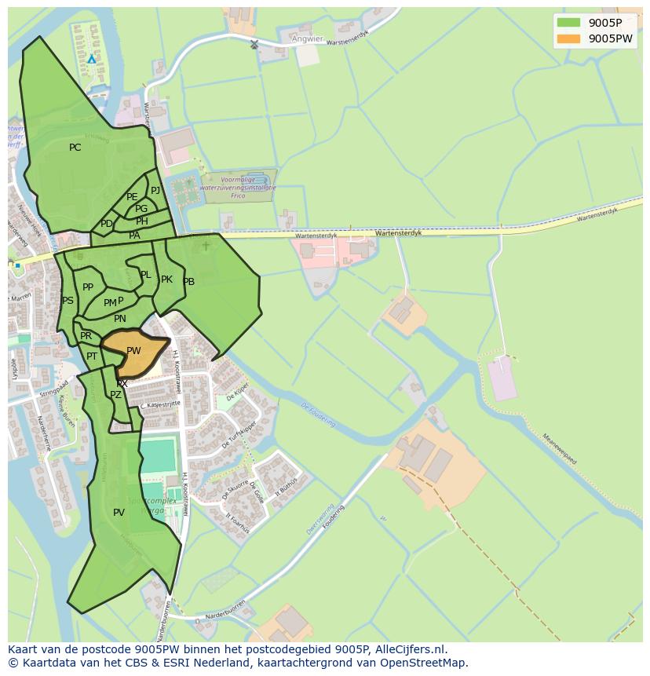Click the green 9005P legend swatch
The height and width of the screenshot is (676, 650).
click(x=568, y=22)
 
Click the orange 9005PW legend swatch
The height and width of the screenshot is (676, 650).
click(x=568, y=38)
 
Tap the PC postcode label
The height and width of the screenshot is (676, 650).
click(x=75, y=148)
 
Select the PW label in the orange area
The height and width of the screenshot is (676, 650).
click(x=133, y=351)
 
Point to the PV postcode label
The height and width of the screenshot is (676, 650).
click(x=119, y=513)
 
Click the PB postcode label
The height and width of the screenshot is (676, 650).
click(x=188, y=282)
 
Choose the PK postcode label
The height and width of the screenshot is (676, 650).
click(x=166, y=280)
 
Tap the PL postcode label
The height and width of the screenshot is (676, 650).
click(x=145, y=275)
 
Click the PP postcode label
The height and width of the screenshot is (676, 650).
click(x=88, y=287)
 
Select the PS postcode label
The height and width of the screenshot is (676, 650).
click(x=68, y=301)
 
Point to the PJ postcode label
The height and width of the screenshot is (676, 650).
click(x=155, y=190)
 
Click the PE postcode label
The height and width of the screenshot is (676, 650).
click(x=132, y=197)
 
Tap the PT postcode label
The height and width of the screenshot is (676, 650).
click(x=92, y=356)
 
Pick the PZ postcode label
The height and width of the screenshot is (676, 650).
click(x=115, y=395)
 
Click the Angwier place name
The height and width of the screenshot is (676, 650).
click(x=307, y=38)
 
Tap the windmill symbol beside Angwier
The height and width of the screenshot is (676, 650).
click(x=254, y=44)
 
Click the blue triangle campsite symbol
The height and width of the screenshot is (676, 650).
click(x=92, y=59)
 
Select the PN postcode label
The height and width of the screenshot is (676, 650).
click(x=119, y=319)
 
